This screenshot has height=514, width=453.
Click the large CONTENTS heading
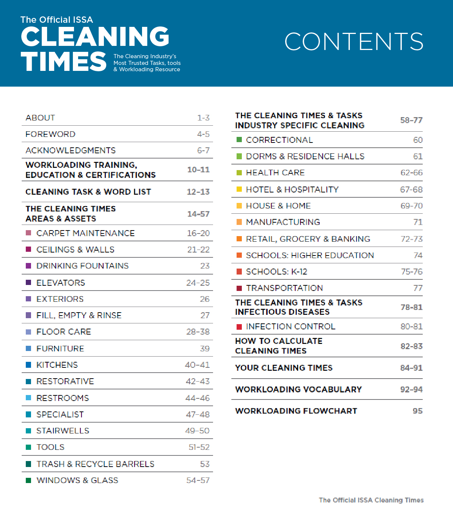[x=354, y=41]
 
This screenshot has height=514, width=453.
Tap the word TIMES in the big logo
[x=64, y=62]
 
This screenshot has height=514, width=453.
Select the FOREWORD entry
[x=50, y=134]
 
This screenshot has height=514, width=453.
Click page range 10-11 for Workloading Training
[x=198, y=170]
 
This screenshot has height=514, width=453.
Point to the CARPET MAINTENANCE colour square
[x=28, y=233]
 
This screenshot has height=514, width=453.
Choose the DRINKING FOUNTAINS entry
[x=82, y=266]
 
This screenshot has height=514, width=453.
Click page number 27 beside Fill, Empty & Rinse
[x=205, y=316]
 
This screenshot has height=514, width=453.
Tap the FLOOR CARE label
[x=64, y=332]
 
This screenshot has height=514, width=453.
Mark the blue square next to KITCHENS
[x=28, y=365]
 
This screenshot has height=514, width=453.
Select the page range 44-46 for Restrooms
[x=197, y=398]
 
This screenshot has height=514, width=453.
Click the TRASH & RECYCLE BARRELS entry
[x=95, y=464]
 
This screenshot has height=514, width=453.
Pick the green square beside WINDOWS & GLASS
[x=28, y=480]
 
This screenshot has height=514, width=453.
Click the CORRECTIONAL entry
[x=279, y=140]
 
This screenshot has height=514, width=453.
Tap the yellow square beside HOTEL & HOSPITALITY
[x=239, y=189]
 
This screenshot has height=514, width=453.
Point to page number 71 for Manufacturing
[x=418, y=222]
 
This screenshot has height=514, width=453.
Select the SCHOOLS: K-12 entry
[x=276, y=272]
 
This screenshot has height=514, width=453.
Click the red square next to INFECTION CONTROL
[x=239, y=327]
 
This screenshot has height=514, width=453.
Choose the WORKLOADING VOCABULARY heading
[x=298, y=389]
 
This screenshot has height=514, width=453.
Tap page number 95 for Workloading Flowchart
[x=417, y=411]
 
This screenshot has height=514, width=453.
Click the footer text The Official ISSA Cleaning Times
[x=371, y=500]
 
